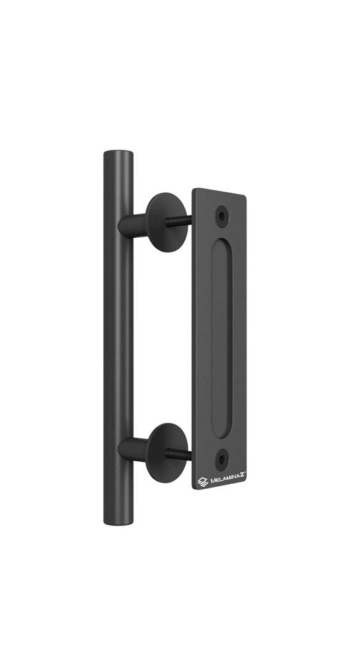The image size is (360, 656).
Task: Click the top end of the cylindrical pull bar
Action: (x=119, y=154)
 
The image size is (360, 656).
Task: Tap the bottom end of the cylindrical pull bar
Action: (x=119, y=521)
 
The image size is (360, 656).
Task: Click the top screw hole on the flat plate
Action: (x=222, y=216)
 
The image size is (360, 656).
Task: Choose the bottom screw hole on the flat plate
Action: (x=222, y=459)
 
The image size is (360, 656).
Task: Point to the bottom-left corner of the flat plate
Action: (x=194, y=490)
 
